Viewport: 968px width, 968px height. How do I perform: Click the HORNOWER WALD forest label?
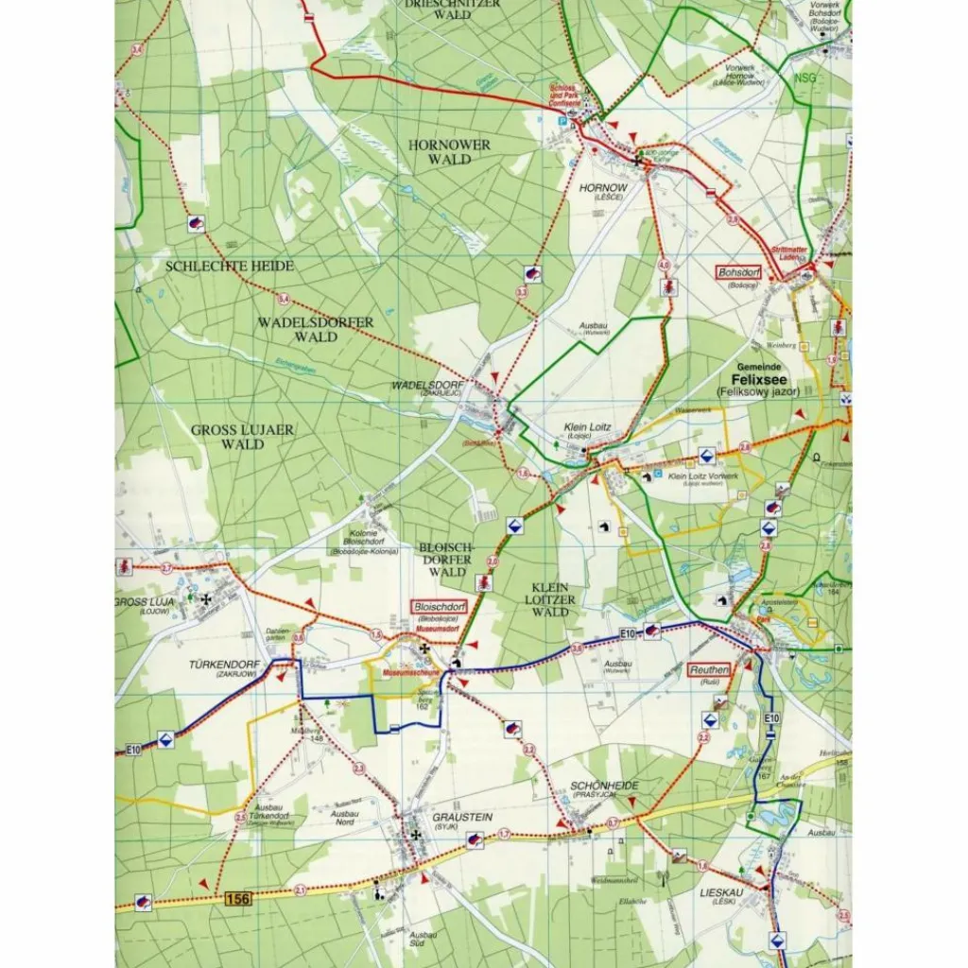(449, 152)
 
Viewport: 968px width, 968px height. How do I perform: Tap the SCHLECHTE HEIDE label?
(230, 267)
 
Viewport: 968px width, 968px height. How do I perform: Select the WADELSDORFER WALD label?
(316, 329)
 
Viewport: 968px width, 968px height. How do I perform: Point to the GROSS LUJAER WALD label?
(243, 437)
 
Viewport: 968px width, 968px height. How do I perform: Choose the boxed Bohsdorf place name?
(739, 272)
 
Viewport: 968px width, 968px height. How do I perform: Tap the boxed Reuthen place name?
(709, 669)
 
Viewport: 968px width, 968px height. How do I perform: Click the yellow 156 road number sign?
(238, 899)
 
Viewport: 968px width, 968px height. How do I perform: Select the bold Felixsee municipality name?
(759, 378)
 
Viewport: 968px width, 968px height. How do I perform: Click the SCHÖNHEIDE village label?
(605, 786)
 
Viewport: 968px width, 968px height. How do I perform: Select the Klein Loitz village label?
(588, 427)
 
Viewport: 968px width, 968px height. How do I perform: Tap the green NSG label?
(804, 78)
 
